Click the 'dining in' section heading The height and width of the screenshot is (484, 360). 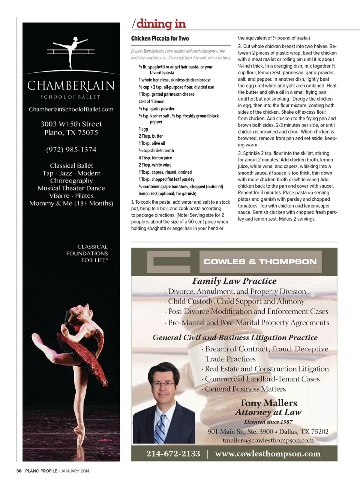coord(161,24)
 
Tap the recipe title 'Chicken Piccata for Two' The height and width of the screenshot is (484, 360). coord(160,38)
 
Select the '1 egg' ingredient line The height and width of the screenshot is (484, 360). coord(143,129)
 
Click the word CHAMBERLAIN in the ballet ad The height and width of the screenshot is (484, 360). coord(71,86)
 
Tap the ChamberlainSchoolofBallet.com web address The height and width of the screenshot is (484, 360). coord(71,109)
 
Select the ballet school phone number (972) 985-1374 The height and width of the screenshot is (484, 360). coord(71,150)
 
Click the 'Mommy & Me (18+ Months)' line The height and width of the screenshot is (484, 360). coord(71,203)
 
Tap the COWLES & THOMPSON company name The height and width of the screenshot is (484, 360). coord(260,262)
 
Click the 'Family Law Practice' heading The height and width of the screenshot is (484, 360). coord(234,281)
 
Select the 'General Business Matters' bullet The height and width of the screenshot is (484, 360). coord(245,389)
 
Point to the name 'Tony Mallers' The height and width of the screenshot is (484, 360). coord(268,403)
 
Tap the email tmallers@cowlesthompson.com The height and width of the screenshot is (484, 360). coord(268,440)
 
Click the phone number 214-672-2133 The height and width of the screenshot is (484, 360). coord(173,454)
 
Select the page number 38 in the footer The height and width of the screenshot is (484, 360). coord(19,471)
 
